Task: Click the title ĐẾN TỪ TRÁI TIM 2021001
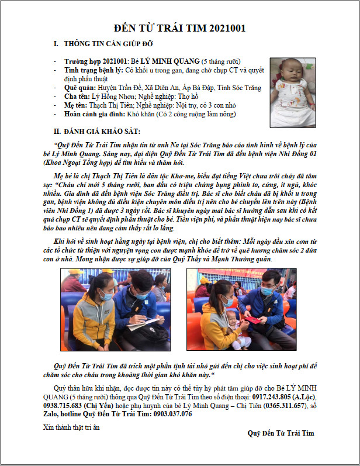[180, 28]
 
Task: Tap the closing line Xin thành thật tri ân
[72, 427]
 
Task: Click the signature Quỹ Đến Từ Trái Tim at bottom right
[281, 433]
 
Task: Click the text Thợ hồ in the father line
[188, 96]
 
